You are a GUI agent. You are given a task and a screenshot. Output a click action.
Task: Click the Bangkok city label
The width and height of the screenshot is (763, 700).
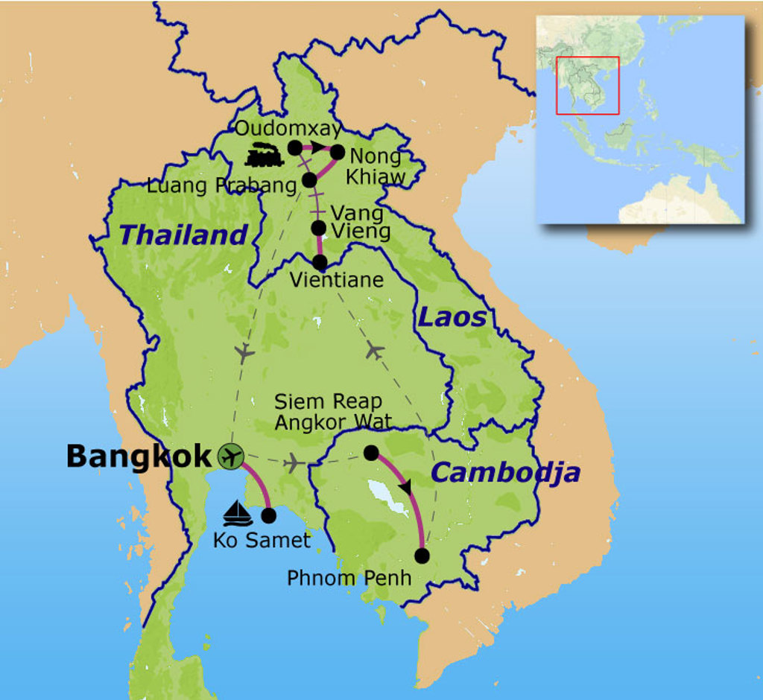tap(139, 456)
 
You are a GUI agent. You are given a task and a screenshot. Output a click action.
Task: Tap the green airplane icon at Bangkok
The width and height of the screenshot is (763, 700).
tap(231, 456)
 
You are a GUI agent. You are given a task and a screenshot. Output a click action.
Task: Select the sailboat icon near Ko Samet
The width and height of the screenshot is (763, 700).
tap(238, 513)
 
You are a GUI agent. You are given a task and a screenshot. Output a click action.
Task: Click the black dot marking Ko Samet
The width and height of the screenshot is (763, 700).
tap(269, 515)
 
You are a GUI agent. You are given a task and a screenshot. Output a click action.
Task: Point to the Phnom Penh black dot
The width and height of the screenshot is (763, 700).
tap(422, 555)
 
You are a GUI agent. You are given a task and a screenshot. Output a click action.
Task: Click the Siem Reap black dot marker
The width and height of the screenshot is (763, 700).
tap(370, 452)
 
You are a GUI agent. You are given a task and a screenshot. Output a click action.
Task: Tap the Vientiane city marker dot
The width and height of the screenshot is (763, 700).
tap(320, 262)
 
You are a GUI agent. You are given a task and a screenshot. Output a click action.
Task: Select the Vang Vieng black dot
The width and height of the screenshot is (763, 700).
tap(318, 227)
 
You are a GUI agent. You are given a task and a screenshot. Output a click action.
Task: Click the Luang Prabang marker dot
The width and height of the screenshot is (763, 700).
tap(310, 179)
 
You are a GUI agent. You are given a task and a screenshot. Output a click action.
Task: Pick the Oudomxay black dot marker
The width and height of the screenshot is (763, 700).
tap(295, 147)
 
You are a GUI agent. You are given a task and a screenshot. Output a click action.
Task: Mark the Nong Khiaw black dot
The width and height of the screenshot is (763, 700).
tap(337, 152)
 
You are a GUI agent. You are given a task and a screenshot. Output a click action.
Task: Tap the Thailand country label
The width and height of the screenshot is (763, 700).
tap(183, 235)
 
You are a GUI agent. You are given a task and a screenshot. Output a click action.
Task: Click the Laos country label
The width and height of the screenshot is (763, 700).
tap(452, 318)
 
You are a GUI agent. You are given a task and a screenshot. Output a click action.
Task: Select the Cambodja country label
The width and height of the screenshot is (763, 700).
tap(506, 472)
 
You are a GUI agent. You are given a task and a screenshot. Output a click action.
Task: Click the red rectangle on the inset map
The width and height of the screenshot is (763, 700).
tap(588, 85)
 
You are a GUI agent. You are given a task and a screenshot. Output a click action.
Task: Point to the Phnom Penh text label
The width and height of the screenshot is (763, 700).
tap(349, 577)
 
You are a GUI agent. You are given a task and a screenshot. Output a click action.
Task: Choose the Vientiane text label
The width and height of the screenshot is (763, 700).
tap(336, 280)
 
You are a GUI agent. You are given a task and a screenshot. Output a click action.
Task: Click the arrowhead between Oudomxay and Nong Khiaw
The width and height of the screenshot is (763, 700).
tap(317, 147)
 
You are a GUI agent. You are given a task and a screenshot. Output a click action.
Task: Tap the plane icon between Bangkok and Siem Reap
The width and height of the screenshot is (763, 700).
tap(295, 463)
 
